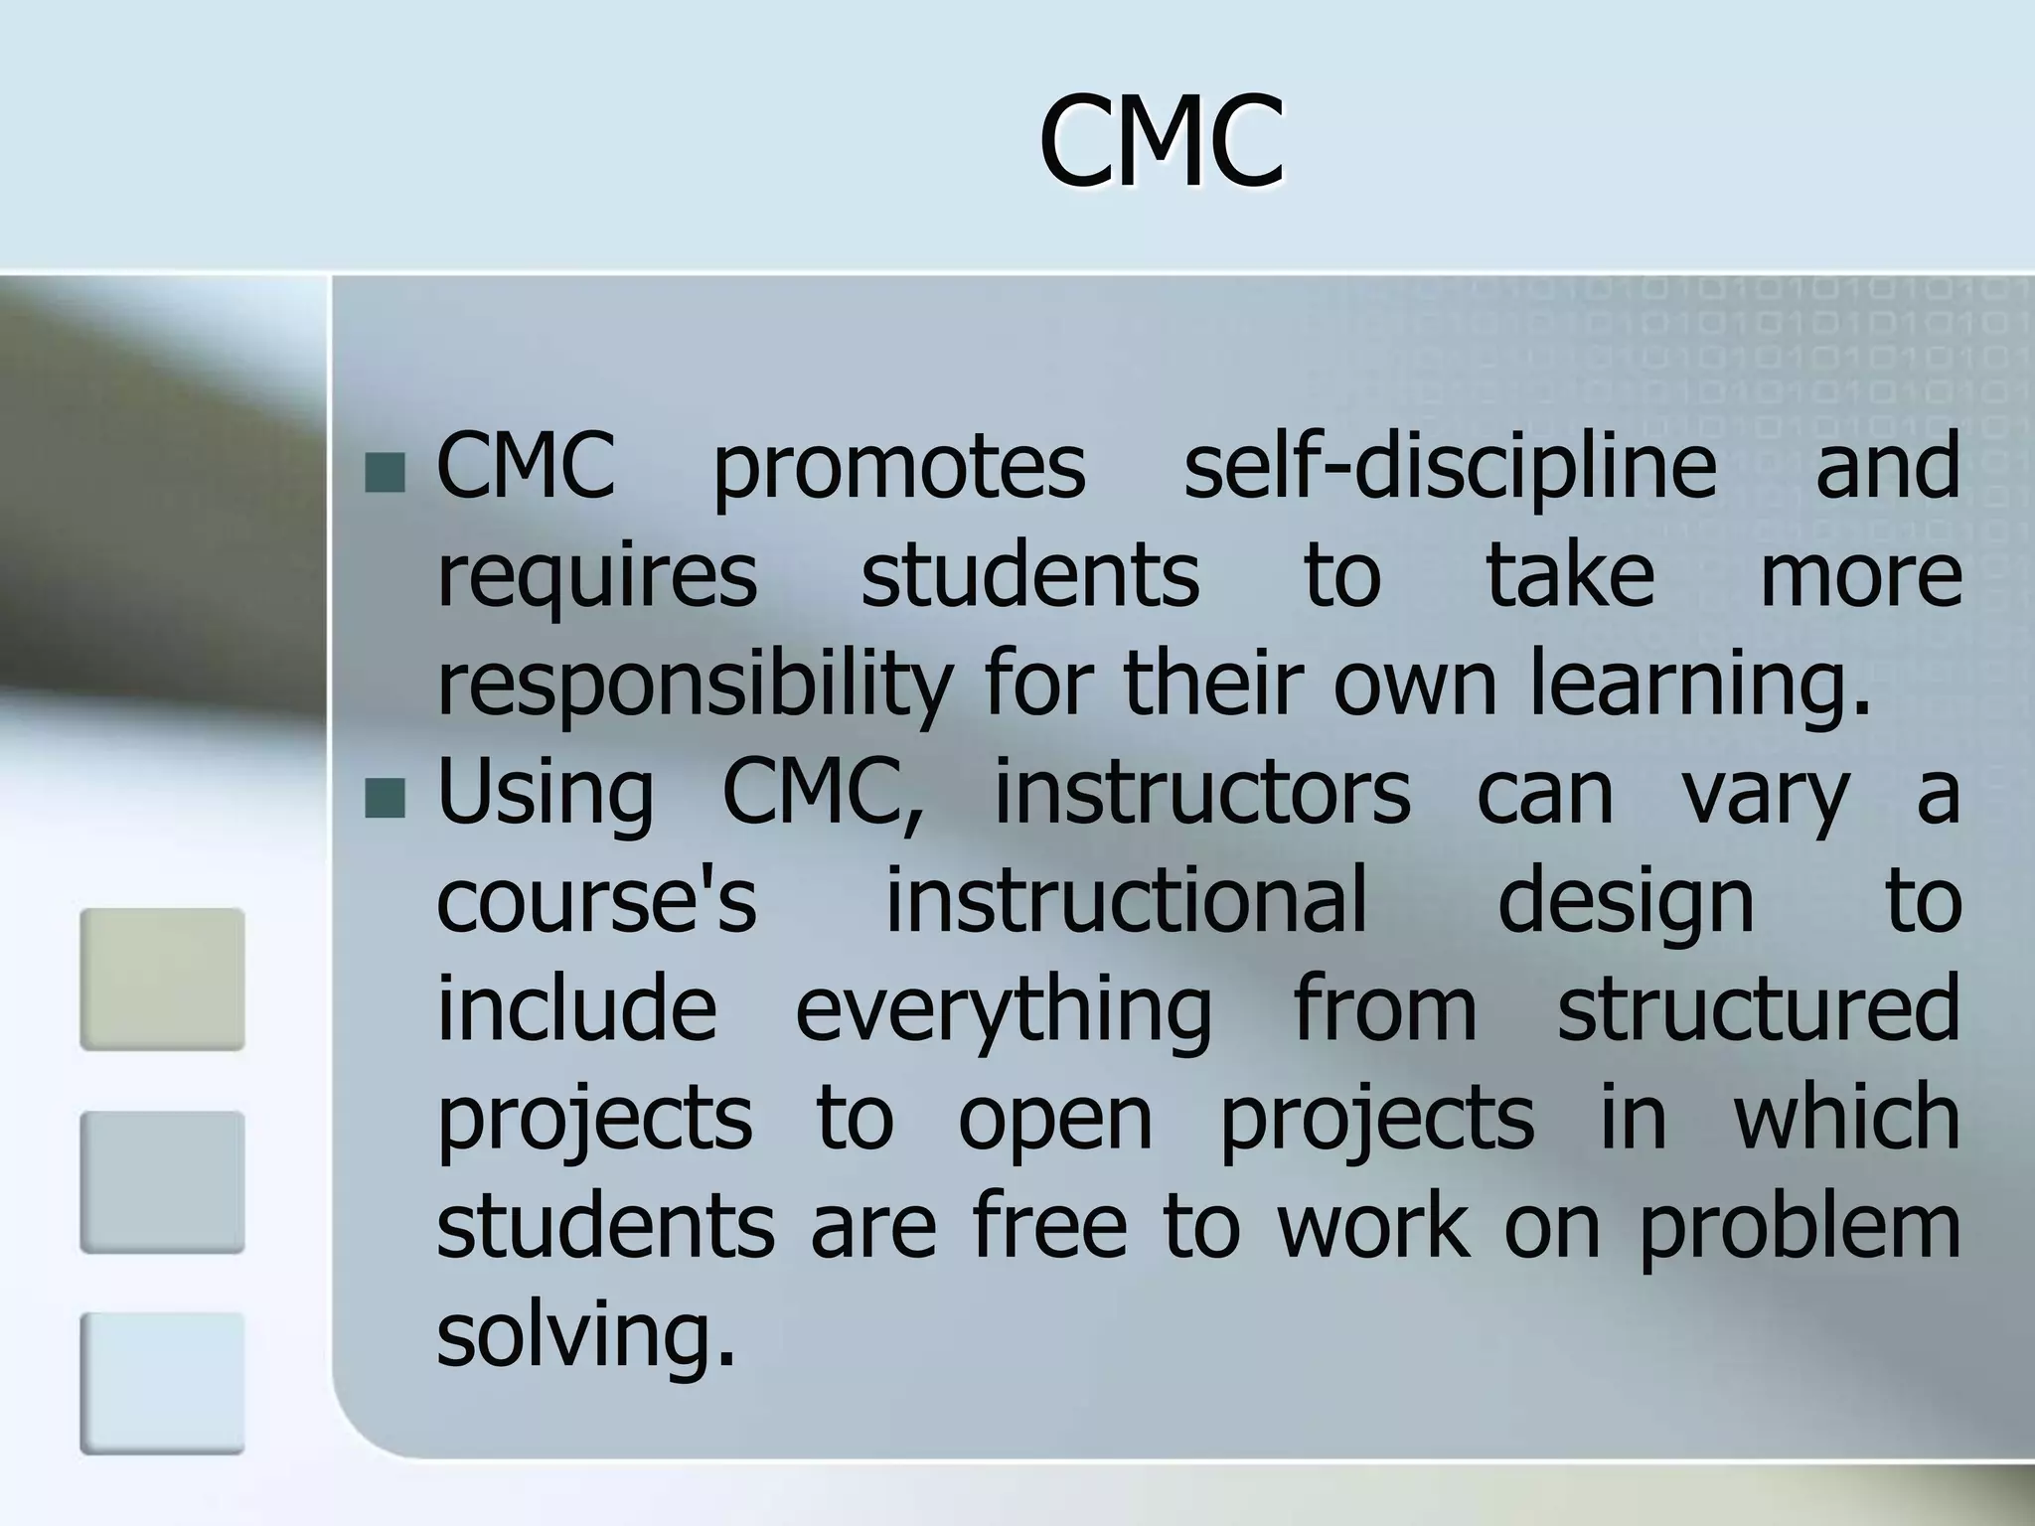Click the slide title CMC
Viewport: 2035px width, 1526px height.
coord(1162,142)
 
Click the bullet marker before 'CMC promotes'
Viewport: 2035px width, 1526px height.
coord(384,474)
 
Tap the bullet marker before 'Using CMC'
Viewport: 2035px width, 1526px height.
coord(384,799)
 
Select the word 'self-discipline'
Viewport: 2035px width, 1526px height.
coord(1450,467)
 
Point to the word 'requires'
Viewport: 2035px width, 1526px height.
coord(597,578)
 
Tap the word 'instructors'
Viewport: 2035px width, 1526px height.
coord(1202,793)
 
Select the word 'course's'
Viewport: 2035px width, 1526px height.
coord(597,901)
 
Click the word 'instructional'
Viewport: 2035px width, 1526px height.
coord(1126,901)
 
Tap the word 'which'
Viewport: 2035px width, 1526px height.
coord(1846,1118)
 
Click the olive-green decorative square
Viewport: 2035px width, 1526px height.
coord(162,979)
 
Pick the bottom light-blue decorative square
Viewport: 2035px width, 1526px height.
coord(162,1383)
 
